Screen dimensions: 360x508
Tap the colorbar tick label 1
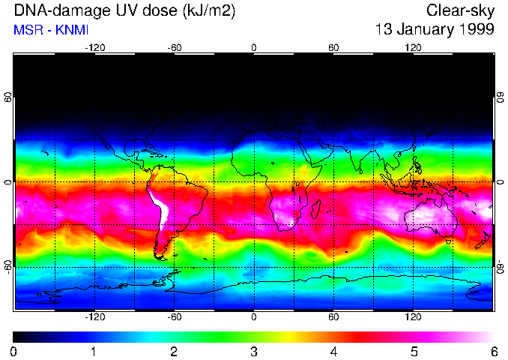[93, 351]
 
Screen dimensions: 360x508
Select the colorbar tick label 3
[253, 351]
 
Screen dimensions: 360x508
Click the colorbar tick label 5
[414, 351]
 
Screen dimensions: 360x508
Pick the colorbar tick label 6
[494, 351]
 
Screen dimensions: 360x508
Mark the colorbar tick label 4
[333, 351]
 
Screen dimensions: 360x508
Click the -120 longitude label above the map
[94, 48]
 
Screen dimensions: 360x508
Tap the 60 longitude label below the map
[333, 316]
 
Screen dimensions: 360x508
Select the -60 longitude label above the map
[174, 48]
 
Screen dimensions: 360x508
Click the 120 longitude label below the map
[414, 316]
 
